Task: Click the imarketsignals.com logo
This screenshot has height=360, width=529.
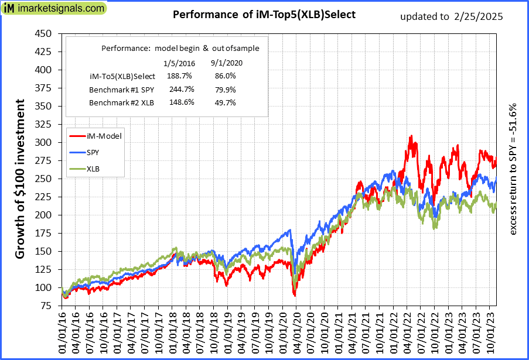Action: (x=54, y=9)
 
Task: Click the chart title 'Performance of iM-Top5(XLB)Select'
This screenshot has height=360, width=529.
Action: (x=264, y=15)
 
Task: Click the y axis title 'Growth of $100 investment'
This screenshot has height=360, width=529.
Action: (x=20, y=179)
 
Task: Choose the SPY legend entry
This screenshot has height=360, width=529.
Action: (x=93, y=152)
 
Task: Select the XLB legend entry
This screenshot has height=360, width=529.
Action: (x=93, y=169)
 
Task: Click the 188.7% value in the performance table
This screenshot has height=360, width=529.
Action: (x=179, y=76)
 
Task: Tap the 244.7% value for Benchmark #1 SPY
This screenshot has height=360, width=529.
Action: (x=179, y=90)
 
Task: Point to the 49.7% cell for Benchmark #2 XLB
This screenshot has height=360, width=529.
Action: (x=225, y=102)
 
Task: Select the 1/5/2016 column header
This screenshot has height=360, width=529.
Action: (x=179, y=63)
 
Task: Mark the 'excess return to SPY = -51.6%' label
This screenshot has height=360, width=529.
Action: (x=513, y=170)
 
